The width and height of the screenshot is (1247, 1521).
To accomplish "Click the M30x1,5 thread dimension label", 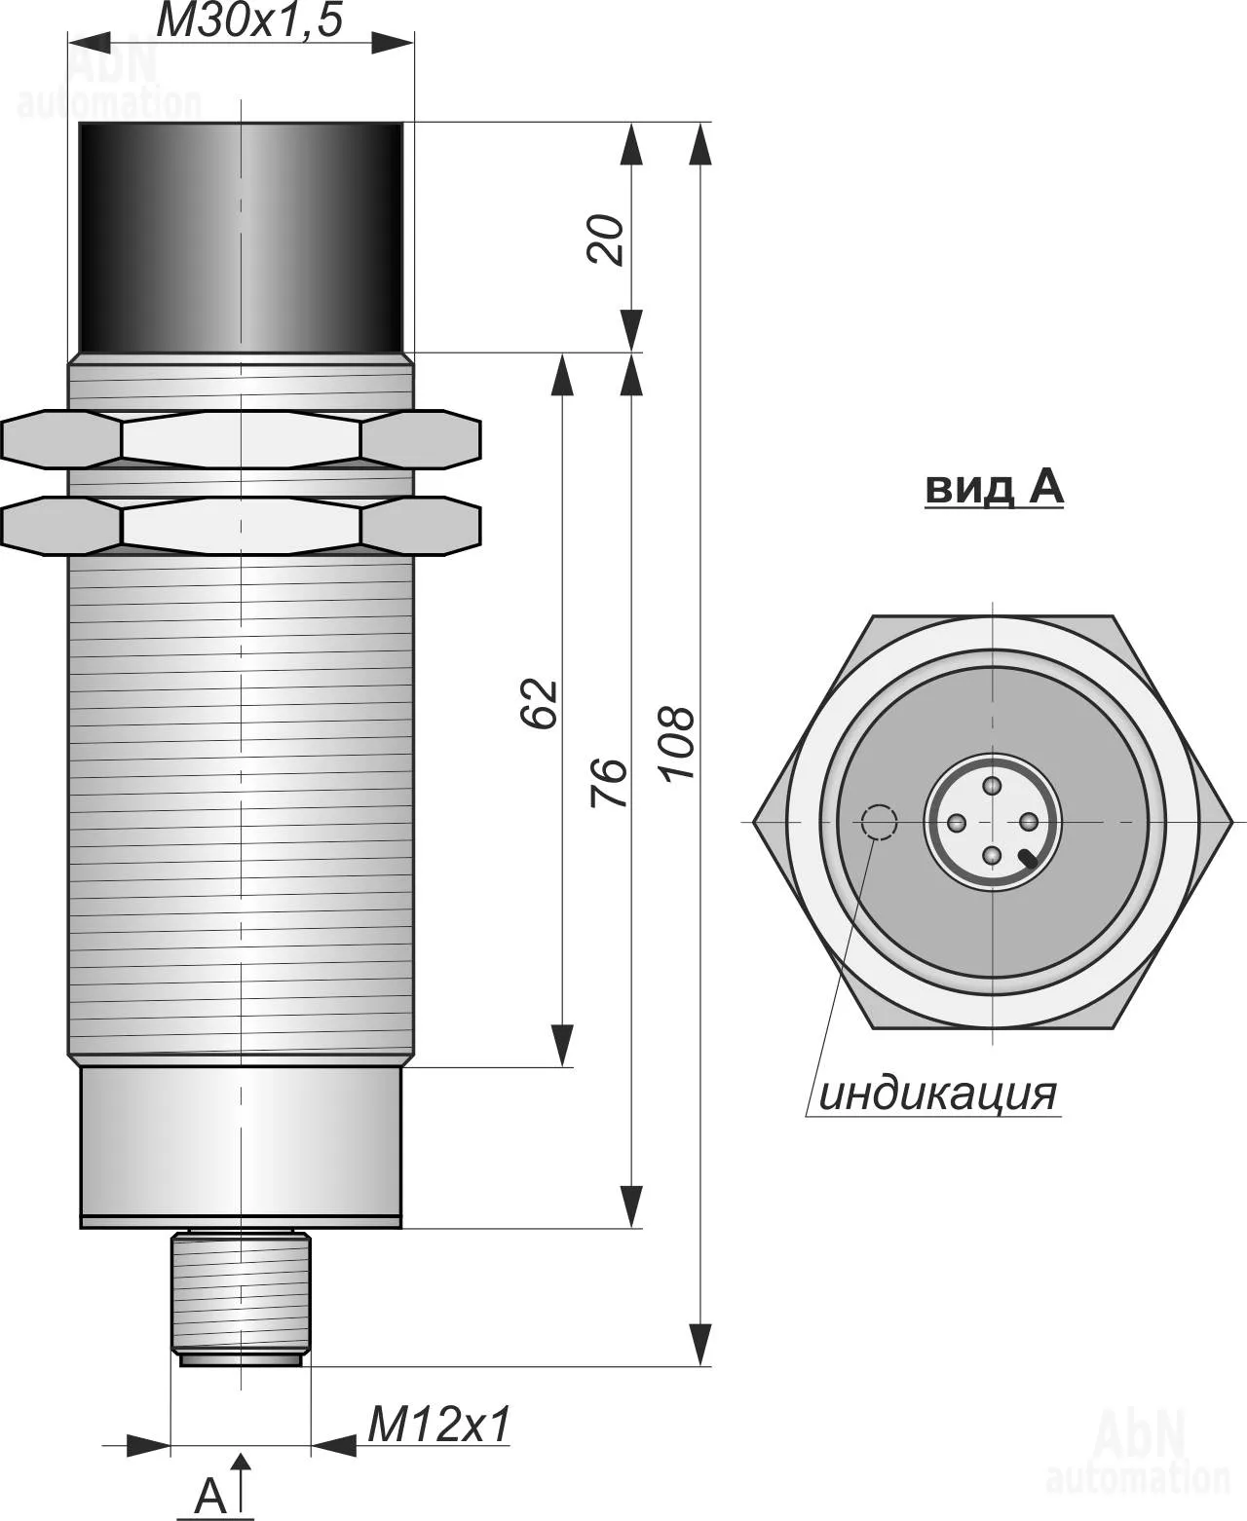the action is (x=248, y=20).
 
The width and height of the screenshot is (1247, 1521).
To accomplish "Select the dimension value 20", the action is (x=605, y=241).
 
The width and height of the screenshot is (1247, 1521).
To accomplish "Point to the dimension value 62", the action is (x=539, y=703).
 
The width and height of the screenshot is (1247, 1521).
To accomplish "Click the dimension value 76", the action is (x=608, y=782).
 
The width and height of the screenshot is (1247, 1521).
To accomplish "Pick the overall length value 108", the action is (x=678, y=744).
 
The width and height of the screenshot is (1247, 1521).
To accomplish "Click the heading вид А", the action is (x=995, y=488).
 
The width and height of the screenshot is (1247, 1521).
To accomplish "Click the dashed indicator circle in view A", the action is (x=879, y=822).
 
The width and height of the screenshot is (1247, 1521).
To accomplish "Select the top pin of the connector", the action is (x=993, y=786).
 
